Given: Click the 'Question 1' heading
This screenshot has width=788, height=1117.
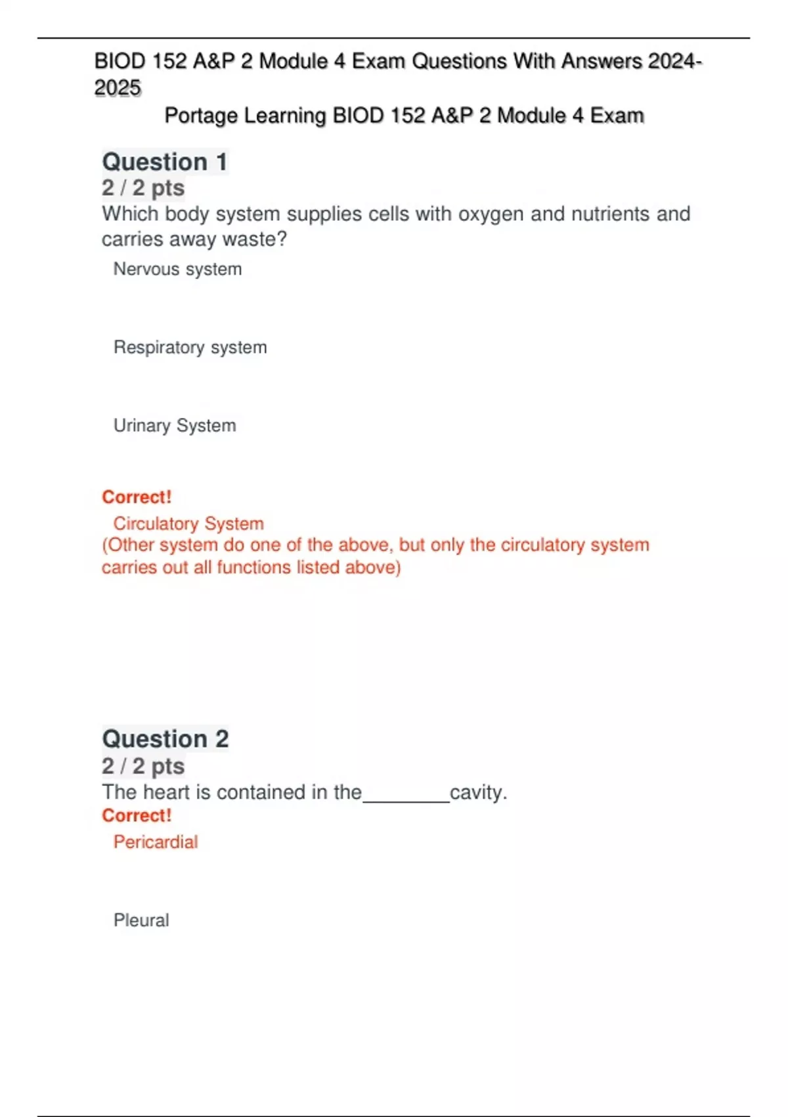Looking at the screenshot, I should pos(165,162).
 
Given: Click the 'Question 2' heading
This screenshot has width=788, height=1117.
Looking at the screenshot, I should pos(165,739).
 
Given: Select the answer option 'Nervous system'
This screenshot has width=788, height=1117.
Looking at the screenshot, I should pos(177,269).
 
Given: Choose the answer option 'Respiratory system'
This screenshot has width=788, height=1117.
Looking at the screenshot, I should pos(190,348).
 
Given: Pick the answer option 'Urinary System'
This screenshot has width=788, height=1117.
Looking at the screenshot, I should pos(175,426).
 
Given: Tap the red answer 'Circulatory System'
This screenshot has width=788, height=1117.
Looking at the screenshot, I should pos(188,524).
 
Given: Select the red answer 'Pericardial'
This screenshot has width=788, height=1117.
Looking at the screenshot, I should pos(156,842).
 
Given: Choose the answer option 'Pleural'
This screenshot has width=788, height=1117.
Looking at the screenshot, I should pos(141,921).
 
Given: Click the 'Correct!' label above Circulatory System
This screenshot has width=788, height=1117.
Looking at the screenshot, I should pos(137,497).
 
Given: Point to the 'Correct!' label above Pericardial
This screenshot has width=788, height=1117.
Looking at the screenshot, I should pos(137,816).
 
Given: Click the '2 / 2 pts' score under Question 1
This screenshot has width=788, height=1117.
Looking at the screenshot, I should pos(143,189).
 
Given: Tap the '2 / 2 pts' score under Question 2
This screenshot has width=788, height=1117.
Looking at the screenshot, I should pos(143,767).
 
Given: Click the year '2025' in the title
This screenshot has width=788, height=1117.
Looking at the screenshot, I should pos(118,88).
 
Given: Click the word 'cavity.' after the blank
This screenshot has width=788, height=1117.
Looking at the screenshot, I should pos(479,793).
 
